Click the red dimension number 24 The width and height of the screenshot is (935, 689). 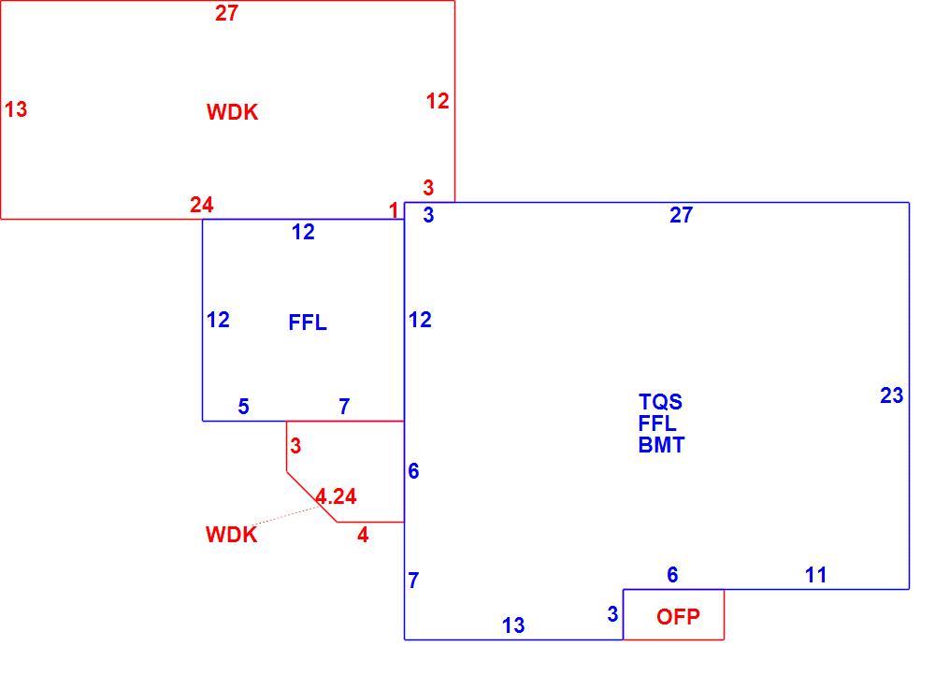(202, 205)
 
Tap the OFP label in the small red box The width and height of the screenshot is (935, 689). (678, 616)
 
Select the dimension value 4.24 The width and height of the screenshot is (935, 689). (336, 496)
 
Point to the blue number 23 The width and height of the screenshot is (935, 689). (891, 395)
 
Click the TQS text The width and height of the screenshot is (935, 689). (660, 402)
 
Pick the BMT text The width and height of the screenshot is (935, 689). (661, 445)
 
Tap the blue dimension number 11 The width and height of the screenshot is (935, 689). (815, 575)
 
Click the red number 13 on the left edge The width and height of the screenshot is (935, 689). (16, 109)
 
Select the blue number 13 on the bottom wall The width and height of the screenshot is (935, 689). (512, 625)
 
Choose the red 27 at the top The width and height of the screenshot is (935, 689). (226, 13)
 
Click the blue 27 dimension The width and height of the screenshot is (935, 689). (681, 215)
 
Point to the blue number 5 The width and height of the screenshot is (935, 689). (243, 407)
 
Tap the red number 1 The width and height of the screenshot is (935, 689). (393, 210)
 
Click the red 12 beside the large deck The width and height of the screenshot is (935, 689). (437, 101)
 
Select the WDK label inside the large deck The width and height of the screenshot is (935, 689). (232, 112)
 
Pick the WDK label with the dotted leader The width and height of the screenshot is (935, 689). (231, 535)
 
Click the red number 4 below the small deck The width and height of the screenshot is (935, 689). (363, 535)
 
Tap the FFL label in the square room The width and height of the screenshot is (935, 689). (307, 323)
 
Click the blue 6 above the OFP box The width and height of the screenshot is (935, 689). (672, 575)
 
